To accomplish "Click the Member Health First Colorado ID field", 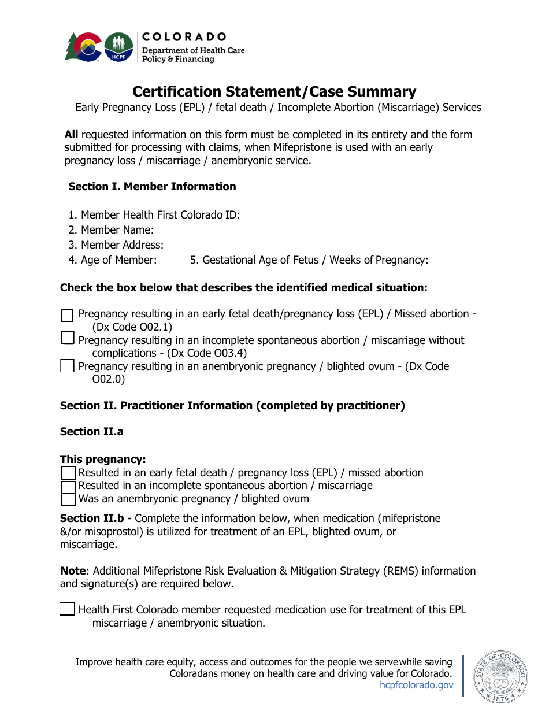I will [x=319, y=215].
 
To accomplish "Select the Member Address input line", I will [x=324, y=245].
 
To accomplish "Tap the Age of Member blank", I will [x=173, y=260].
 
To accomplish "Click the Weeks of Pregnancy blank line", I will [x=457, y=260].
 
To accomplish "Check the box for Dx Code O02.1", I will [x=67, y=315].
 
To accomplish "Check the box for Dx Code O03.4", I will [x=67, y=338].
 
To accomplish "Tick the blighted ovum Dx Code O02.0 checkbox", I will [x=67, y=366].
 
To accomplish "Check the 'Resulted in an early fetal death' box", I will [x=68, y=473].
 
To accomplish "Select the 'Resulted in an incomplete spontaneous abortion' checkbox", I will [x=68, y=486].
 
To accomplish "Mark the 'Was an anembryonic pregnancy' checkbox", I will [x=68, y=499].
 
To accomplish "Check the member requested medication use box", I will [x=67, y=609].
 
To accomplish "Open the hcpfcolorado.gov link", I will [x=416, y=686].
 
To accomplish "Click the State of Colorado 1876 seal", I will [x=500, y=678].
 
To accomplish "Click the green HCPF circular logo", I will [x=118, y=47].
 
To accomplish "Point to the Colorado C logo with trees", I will [x=84, y=47].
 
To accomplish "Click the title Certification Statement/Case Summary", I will [x=274, y=92].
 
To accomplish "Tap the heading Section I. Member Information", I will [x=152, y=187].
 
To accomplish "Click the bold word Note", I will [x=73, y=571].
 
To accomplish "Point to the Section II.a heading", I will [x=91, y=432].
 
